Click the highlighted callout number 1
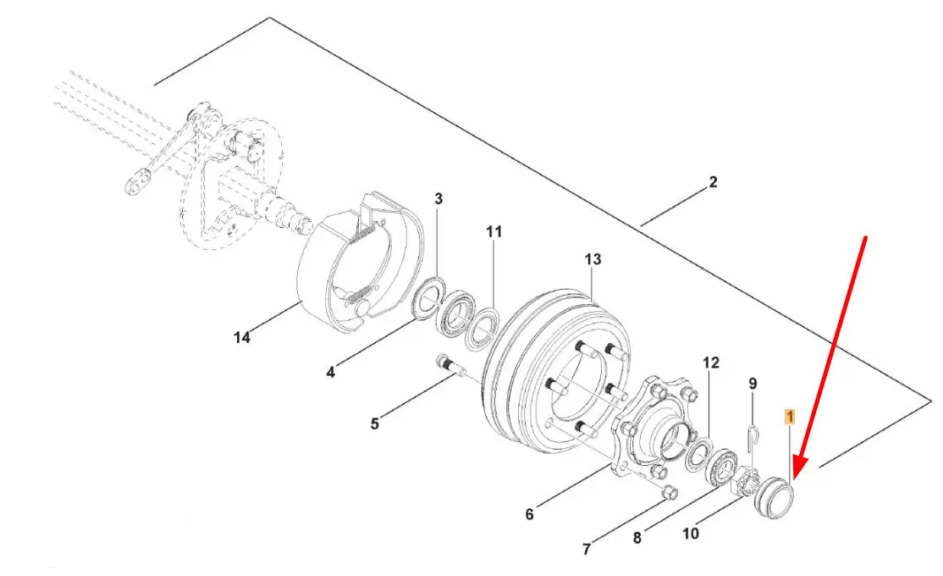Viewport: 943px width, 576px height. [x=790, y=417]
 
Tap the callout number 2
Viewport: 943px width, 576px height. [x=713, y=182]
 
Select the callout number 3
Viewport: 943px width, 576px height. [x=438, y=198]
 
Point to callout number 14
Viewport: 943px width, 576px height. [x=242, y=338]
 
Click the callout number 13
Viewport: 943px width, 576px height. [x=593, y=259]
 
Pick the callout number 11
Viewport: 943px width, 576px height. [x=494, y=232]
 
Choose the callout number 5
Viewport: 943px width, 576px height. [x=375, y=424]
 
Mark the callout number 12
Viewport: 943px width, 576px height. [x=711, y=363]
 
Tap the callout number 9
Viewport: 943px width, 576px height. [x=753, y=384]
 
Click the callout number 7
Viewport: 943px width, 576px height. [x=587, y=549]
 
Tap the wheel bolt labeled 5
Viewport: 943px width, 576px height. [x=448, y=365]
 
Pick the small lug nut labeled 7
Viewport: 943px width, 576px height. [x=669, y=492]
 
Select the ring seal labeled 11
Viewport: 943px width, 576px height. [x=483, y=330]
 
